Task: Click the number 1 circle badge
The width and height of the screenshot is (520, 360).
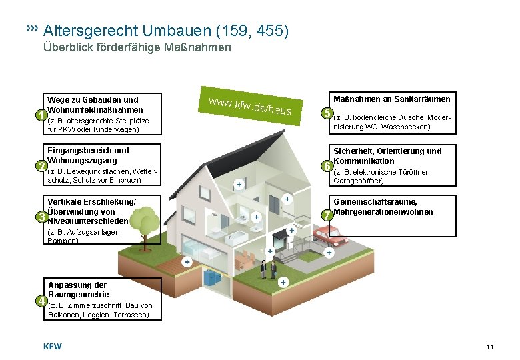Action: pos(41,115)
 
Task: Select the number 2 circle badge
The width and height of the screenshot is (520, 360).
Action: pos(41,165)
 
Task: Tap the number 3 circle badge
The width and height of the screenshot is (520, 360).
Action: pos(41,217)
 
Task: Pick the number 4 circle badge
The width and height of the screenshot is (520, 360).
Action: pos(41,300)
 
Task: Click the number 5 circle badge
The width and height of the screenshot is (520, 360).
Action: pos(327,113)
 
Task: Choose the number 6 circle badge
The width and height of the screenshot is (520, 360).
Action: pos(327,165)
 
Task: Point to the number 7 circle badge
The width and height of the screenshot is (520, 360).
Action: pos(327,215)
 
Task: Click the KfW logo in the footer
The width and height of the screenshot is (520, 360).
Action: pos(54,347)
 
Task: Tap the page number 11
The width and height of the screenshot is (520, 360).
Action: pos(490,347)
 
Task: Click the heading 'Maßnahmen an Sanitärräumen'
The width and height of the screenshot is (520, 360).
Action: pos(391,99)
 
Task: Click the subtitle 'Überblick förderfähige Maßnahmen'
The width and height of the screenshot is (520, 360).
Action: pos(137,47)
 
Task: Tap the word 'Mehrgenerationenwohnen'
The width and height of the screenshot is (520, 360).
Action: pos(383,212)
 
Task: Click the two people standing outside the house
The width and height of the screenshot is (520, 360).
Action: pos(268,269)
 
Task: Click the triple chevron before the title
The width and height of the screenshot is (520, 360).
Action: pos(31,29)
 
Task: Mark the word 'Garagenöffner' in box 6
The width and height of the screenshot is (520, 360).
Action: pos(358,181)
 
